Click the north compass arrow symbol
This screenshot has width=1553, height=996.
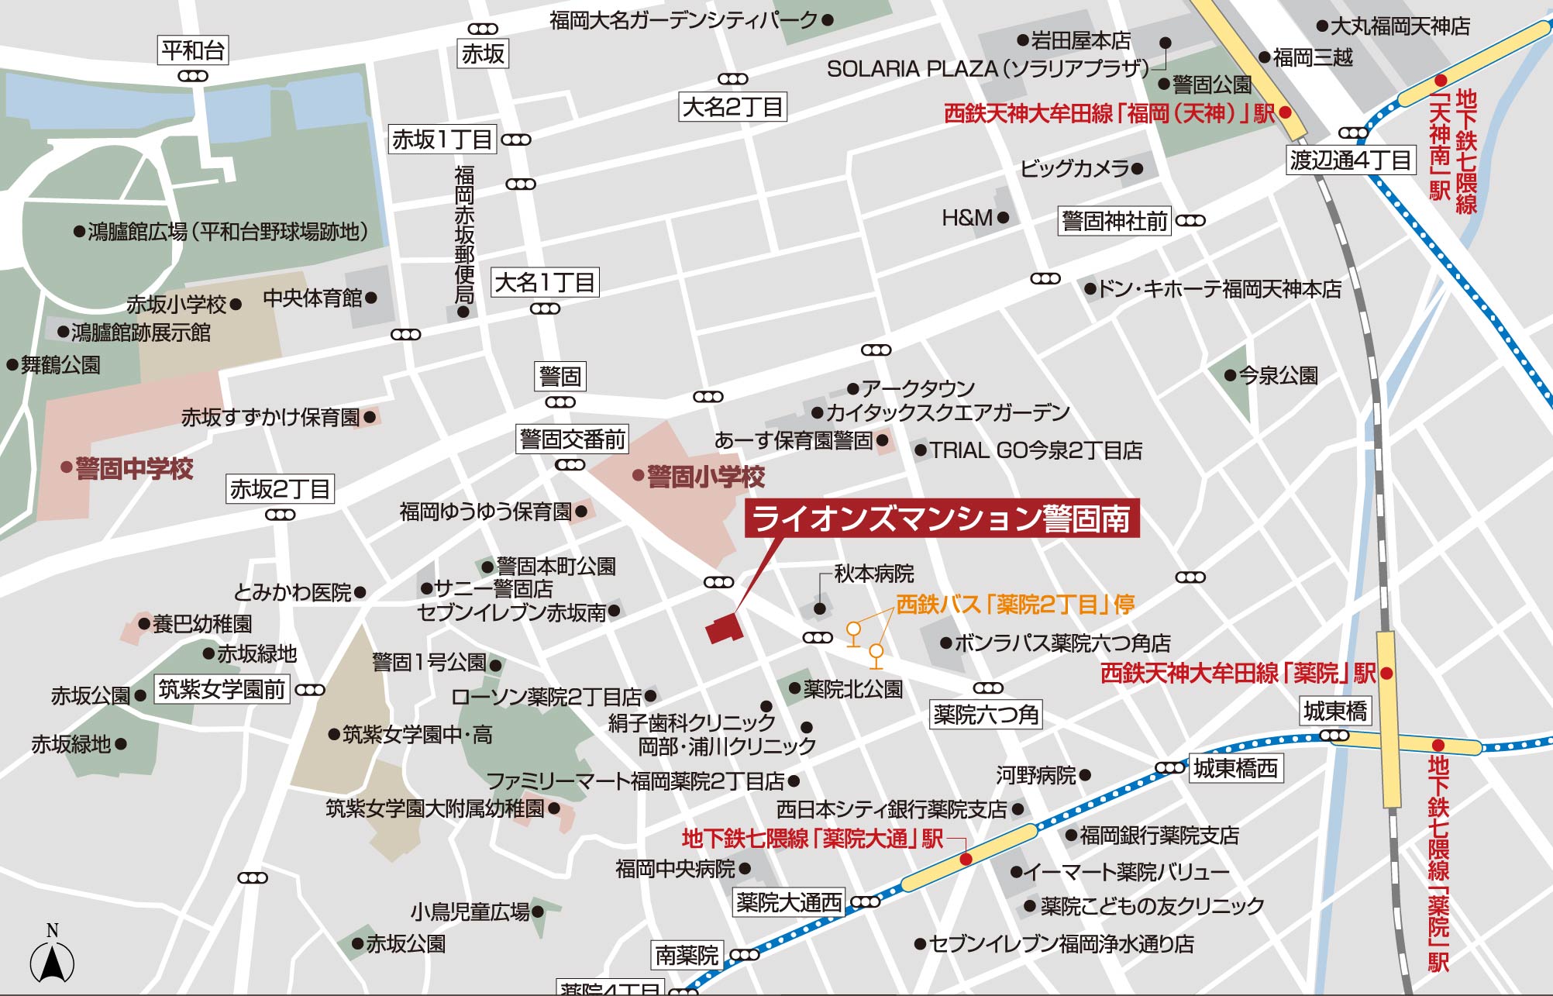click(52, 963)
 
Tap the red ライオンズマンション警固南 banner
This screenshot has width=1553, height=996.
click(942, 519)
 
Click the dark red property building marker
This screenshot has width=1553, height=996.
click(724, 628)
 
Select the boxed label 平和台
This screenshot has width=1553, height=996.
click(193, 51)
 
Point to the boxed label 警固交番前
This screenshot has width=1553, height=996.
click(572, 439)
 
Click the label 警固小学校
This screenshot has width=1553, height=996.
click(705, 476)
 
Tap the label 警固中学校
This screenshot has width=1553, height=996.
click(134, 468)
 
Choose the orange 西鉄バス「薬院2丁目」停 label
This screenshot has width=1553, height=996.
click(1014, 604)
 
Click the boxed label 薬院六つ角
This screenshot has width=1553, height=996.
click(985, 714)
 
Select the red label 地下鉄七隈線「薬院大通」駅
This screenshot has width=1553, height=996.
click(812, 838)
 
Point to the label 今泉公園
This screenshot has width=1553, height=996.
click(1278, 376)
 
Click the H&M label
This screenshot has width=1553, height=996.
click(967, 218)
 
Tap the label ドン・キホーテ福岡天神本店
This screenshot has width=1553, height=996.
click(1219, 289)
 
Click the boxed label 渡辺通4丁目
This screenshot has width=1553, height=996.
click(1350, 160)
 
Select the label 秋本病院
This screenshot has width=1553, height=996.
click(873, 574)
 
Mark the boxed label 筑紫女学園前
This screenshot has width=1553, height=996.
click(222, 689)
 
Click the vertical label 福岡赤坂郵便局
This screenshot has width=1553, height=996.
click(463, 235)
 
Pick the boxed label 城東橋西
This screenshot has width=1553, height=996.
click(1235, 768)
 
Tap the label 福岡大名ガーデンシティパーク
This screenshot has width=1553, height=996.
click(684, 20)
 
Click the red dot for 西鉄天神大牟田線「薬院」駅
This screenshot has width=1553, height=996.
click(1386, 674)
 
